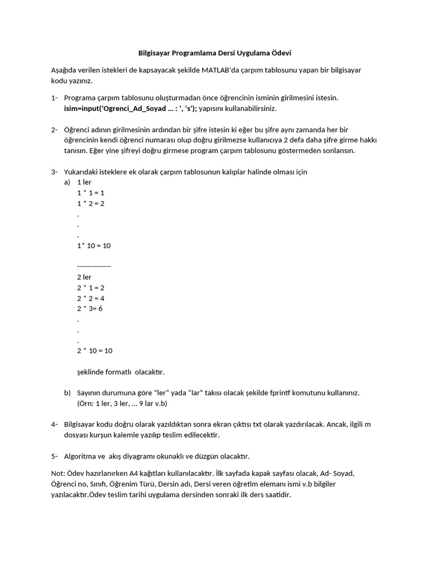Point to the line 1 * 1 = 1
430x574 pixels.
click(91, 193)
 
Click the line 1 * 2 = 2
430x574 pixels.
click(91, 203)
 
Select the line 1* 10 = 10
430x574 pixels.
click(94, 246)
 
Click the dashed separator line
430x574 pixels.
click(94, 266)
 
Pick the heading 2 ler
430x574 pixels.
click(84, 277)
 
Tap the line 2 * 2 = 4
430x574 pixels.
click(91, 298)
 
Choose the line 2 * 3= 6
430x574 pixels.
click(90, 309)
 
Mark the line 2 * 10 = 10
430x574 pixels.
click(95, 351)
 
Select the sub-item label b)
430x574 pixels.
click(67, 393)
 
